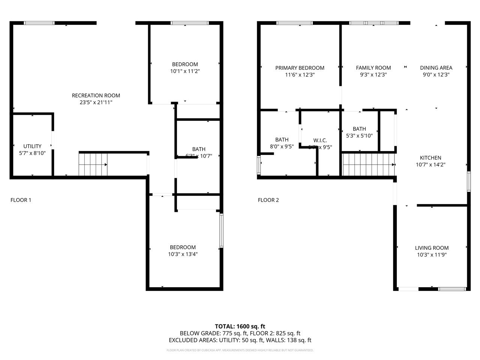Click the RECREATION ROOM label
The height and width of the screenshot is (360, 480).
tap(96, 96)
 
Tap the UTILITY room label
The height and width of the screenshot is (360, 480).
tap(32, 146)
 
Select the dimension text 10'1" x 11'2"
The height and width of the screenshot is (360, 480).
tap(185, 71)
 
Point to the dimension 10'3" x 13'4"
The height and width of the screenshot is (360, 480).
tap(183, 254)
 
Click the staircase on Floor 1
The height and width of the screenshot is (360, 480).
tap(93, 164)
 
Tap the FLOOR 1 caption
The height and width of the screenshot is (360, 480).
tap(21, 200)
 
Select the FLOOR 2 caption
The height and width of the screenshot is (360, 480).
tap(268, 200)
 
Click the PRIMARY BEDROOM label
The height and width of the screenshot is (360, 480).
tap(300, 68)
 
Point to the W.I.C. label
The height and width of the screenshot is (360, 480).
tap(320, 140)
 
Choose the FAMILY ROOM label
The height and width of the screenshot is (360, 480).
tap(373, 68)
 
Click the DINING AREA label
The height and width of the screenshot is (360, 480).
tap(436, 68)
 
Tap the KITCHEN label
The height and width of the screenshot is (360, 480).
tap(430, 158)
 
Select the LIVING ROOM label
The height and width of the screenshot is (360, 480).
tap(432, 248)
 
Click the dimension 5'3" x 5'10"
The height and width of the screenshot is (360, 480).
tap(359, 136)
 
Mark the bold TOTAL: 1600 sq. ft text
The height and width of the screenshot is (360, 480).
tap(240, 326)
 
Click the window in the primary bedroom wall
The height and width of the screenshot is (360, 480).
tap(294, 23)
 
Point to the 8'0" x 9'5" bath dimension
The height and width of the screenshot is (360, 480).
tap(282, 147)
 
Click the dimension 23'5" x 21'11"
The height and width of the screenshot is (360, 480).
tap(96, 102)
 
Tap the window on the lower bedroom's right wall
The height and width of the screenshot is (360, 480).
tap(221, 230)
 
